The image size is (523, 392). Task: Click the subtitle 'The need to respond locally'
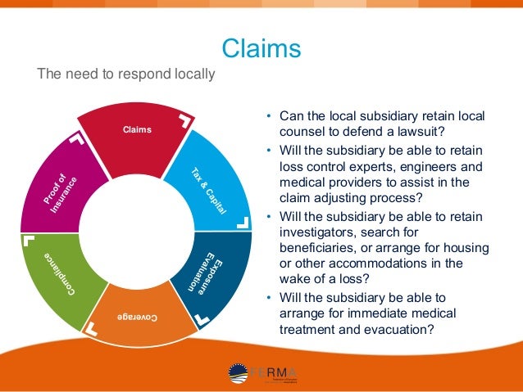coord(126,74)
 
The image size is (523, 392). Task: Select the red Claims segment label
coord(137,129)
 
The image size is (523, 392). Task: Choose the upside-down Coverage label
coord(137,316)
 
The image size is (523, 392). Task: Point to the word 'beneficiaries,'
coord(319,248)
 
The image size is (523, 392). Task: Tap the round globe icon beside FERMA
coord(239,373)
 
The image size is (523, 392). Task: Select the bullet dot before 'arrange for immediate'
coord(269,297)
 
